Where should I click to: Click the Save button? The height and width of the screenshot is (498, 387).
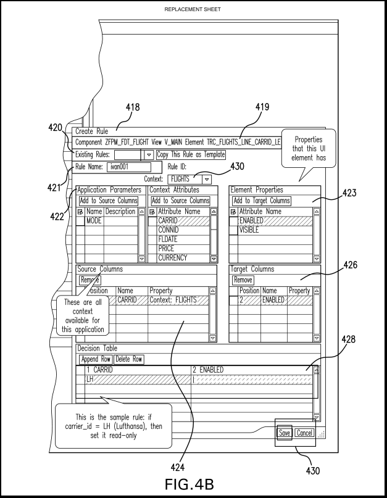285,433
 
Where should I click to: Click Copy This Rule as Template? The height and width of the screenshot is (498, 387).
190,154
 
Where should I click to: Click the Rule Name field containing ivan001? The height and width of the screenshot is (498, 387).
128,167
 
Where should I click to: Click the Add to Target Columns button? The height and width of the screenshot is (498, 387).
262,201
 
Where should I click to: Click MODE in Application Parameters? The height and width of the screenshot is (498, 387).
94,220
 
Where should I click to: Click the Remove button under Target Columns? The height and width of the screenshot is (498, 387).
243,280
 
